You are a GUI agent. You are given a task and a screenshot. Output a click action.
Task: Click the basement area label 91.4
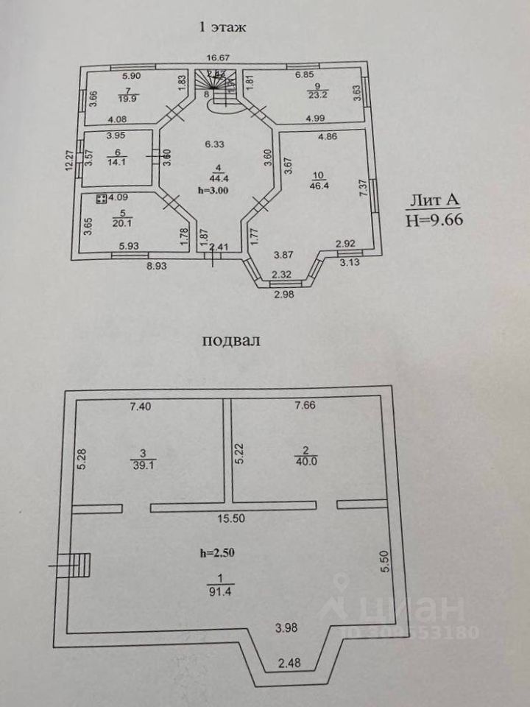[x=218, y=589]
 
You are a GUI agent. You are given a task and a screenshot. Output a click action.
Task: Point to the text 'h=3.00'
[x=214, y=190]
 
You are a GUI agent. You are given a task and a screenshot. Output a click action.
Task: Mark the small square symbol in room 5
[x=101, y=197]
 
